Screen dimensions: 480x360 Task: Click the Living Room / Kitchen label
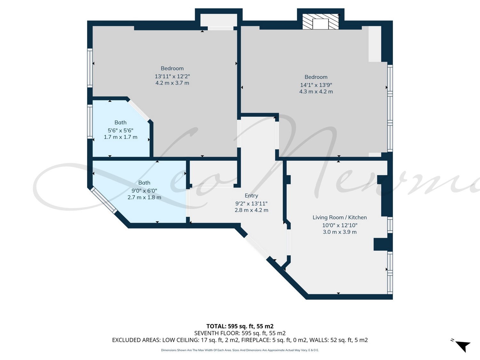340,217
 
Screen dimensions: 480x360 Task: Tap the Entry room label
251,196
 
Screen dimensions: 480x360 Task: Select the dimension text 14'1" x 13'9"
316,85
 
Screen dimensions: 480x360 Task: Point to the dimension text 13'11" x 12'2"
172,76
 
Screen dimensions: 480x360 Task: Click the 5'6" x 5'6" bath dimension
121,131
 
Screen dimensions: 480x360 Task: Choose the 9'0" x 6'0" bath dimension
144,191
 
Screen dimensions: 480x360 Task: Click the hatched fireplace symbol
321,22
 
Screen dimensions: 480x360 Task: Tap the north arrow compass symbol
461,345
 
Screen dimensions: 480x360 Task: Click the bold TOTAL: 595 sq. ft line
240,326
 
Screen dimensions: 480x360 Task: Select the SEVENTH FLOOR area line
240,333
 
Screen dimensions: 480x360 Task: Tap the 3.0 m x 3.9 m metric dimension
340,232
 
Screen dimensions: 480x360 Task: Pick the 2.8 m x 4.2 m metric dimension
251,210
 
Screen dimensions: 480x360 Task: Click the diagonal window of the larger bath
104,200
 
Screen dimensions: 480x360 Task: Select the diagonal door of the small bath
139,110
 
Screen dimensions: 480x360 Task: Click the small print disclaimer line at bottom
240,350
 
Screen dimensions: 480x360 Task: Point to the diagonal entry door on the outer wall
257,247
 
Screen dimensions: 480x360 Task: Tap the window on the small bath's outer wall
90,122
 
